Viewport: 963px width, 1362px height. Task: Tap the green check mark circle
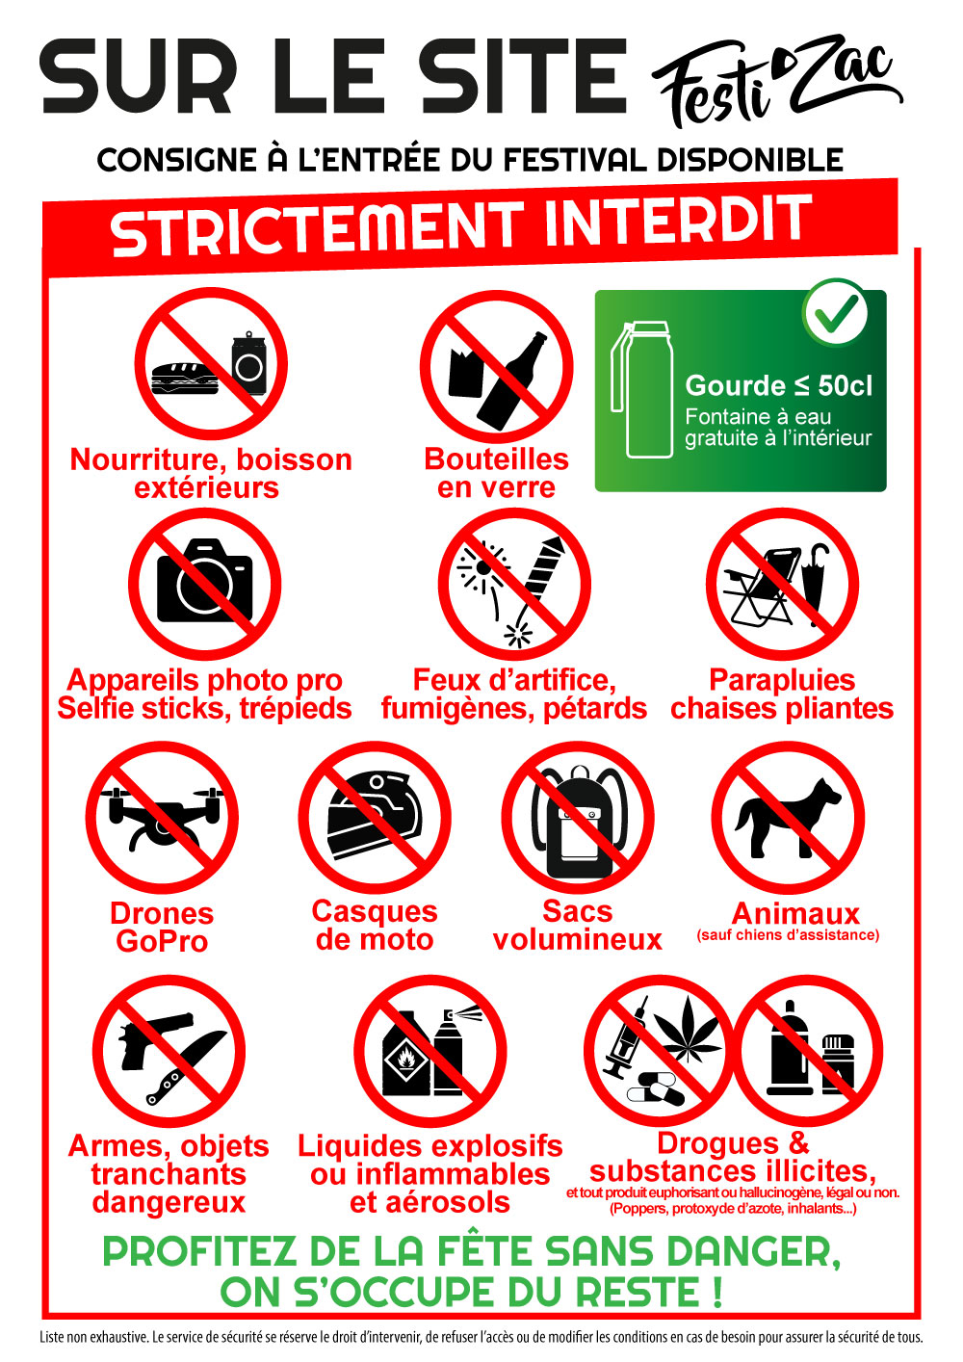[x=836, y=311]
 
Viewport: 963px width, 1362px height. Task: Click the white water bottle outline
[x=642, y=389]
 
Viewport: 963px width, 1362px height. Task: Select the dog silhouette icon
[x=788, y=817]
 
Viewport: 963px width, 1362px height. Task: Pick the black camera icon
[x=204, y=581]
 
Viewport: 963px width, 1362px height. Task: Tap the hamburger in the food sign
[x=184, y=379]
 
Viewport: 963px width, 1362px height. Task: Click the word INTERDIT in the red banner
[x=677, y=221]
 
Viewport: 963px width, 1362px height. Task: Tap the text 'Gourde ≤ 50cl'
[x=778, y=385]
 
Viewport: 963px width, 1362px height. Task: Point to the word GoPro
[x=162, y=942]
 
